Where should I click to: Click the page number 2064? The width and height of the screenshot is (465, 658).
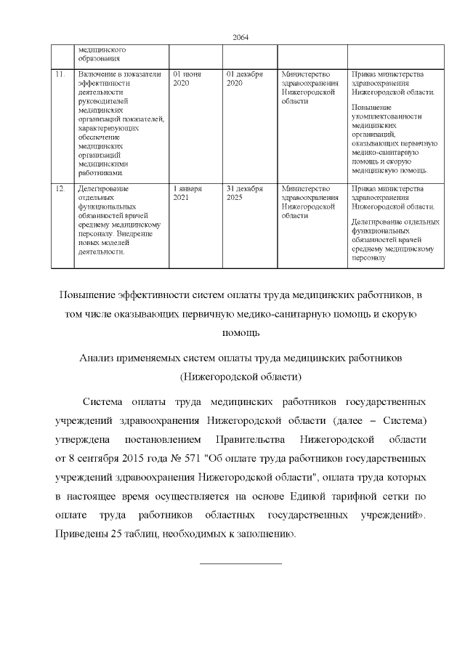(240, 38)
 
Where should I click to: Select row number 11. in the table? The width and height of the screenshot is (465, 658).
(60, 74)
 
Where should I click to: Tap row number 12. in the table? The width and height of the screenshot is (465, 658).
(60, 188)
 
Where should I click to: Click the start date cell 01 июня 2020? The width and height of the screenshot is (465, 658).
(187, 79)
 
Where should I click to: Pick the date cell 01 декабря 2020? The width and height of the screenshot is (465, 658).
(243, 79)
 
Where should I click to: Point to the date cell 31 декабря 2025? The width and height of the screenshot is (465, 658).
(243, 193)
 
